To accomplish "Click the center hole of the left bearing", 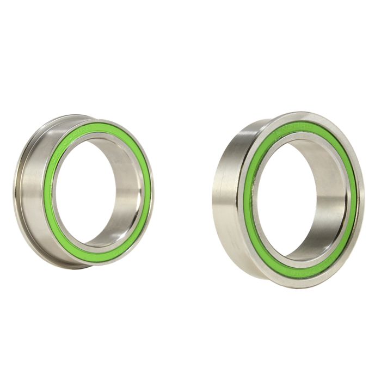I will point(90,190).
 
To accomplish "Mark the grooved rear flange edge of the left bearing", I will point(17,190).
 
